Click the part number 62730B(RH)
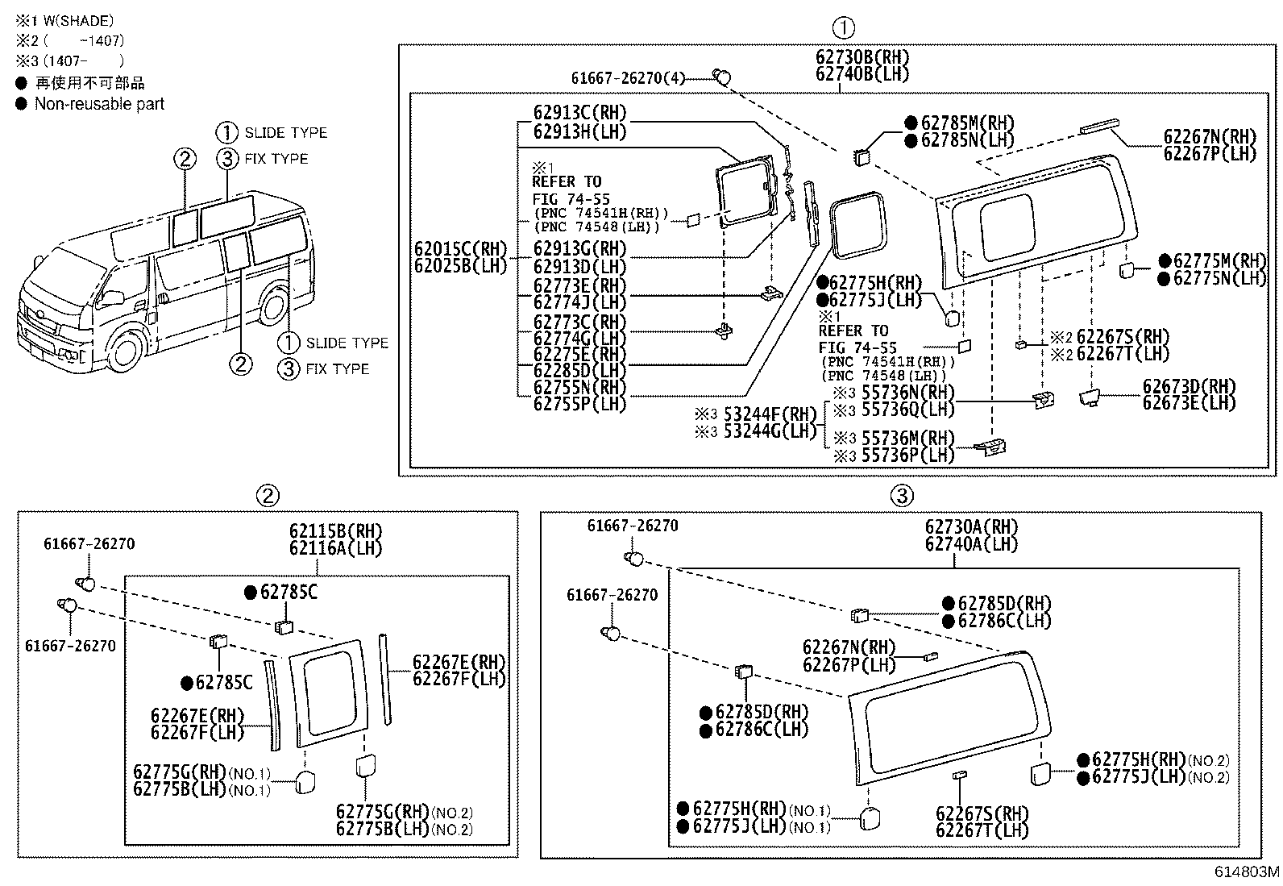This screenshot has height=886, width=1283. (862, 57)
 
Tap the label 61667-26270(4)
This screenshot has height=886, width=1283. (628, 78)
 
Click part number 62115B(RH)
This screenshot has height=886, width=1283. (336, 531)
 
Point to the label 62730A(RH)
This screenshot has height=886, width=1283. (971, 527)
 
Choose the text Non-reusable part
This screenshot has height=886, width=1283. (99, 104)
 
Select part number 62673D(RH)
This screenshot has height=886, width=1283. (1189, 386)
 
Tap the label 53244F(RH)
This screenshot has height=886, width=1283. (770, 414)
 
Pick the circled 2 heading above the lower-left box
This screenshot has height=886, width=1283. (268, 495)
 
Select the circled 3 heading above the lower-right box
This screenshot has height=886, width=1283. (902, 495)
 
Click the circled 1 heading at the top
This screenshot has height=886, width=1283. (843, 29)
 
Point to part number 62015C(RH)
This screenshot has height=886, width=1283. (461, 248)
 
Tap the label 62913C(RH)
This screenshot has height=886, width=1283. (579, 114)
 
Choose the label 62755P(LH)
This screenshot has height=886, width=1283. (579, 404)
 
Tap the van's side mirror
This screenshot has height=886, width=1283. (114, 297)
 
